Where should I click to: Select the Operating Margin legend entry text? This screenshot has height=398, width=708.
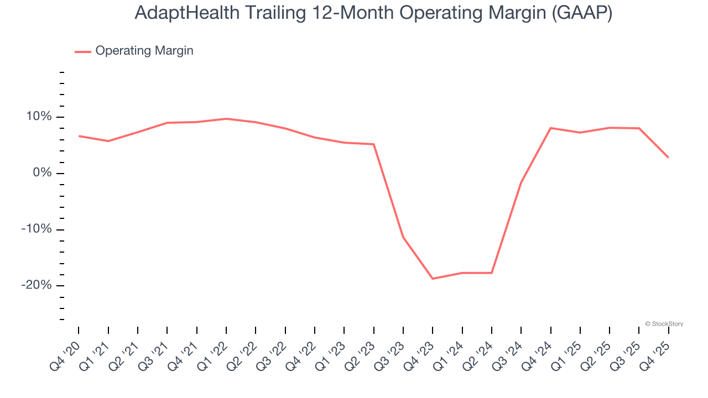(144, 51)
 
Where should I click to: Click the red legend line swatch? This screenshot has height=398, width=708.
(83, 51)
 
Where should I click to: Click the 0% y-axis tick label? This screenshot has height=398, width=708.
(43, 173)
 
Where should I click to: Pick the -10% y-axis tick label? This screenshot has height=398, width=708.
(36, 229)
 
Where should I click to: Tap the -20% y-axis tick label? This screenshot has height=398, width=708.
(36, 285)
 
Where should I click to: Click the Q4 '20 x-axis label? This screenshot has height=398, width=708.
(65, 354)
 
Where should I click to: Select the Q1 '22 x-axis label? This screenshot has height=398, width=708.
(213, 354)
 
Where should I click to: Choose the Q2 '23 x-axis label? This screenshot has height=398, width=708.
(361, 354)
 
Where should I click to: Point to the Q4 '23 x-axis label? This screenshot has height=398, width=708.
(419, 354)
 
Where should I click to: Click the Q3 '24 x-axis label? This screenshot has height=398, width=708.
(508, 354)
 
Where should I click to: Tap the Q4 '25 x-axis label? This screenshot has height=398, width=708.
(655, 354)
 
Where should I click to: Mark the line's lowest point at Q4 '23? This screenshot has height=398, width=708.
(433, 279)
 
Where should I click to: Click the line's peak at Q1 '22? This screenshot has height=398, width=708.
(226, 119)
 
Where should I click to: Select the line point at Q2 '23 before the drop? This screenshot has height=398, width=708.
(374, 144)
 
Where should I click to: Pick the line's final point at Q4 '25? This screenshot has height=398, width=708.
(668, 158)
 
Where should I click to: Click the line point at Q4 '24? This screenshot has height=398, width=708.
(551, 128)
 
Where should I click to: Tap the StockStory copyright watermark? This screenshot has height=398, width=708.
(664, 324)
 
